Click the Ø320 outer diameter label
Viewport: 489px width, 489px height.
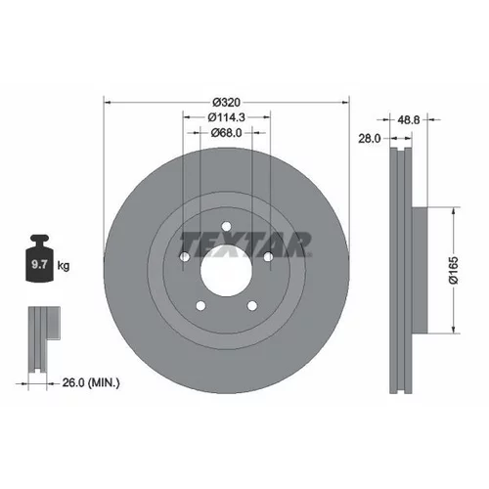tap(227, 103)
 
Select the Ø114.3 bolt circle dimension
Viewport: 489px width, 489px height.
tap(227, 117)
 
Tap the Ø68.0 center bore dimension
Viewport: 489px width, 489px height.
tap(227, 133)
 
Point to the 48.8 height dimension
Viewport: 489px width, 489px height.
tap(409, 120)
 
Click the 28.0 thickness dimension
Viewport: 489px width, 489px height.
tap(370, 139)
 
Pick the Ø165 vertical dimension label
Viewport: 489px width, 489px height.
tap(454, 270)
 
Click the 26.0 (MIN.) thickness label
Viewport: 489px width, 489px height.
tap(91, 382)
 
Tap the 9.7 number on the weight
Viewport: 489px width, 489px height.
tap(39, 264)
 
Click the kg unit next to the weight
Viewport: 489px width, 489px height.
tap(64, 266)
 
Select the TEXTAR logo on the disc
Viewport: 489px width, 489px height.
tap(245, 244)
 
